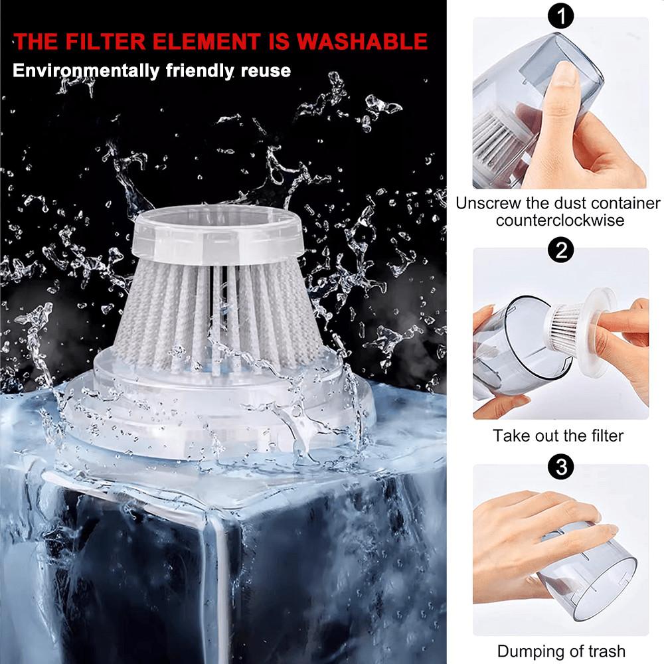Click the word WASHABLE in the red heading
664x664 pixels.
pos(363,42)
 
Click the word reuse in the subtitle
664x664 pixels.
pos(265,70)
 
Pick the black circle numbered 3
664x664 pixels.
pos(561,467)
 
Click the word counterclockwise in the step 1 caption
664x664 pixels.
pos(560,220)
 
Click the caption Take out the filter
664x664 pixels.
pos(558,436)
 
